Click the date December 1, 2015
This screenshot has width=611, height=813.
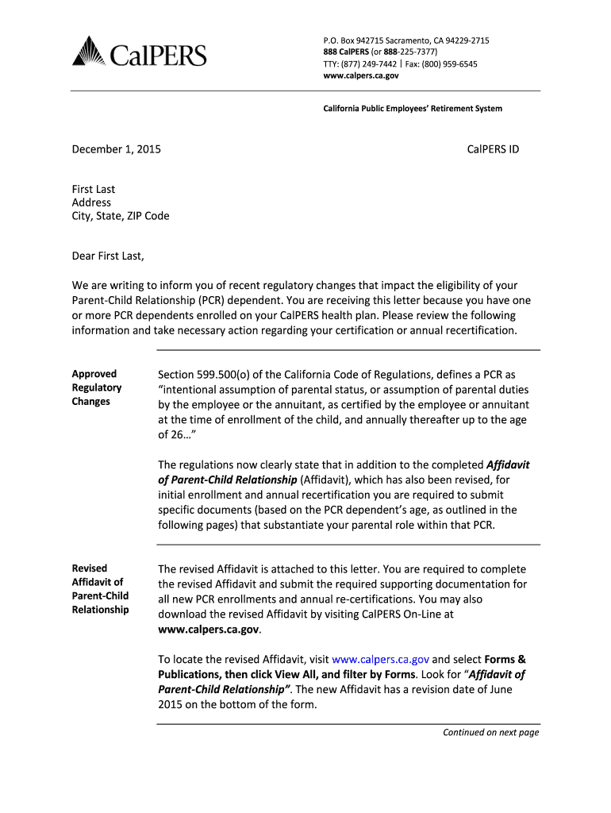coord(116,148)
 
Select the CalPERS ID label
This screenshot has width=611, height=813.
coord(492,148)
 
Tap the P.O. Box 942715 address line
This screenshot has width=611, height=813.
coord(405,40)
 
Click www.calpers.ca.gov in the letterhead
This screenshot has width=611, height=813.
coord(361,76)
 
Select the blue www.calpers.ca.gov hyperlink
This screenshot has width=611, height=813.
coord(380,660)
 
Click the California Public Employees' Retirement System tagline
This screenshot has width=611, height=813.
coord(411,108)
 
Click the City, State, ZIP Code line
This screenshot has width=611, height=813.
coord(120,216)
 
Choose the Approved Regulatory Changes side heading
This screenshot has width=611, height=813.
coord(97,387)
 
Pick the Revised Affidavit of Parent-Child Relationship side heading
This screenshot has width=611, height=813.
coord(100,589)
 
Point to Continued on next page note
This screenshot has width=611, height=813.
coord(490,733)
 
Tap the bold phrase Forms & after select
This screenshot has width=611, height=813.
coord(505,660)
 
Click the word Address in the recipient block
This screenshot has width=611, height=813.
coord(91,202)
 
